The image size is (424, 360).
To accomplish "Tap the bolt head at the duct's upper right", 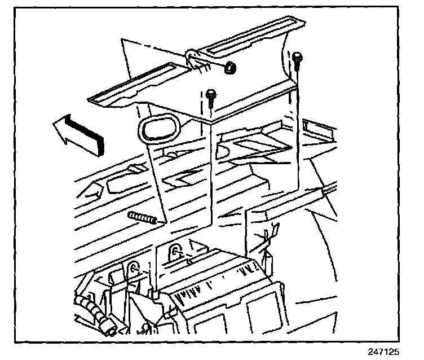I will [297, 56].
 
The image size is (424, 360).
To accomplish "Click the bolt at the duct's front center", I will [211, 95].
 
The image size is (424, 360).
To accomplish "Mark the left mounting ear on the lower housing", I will [134, 269].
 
